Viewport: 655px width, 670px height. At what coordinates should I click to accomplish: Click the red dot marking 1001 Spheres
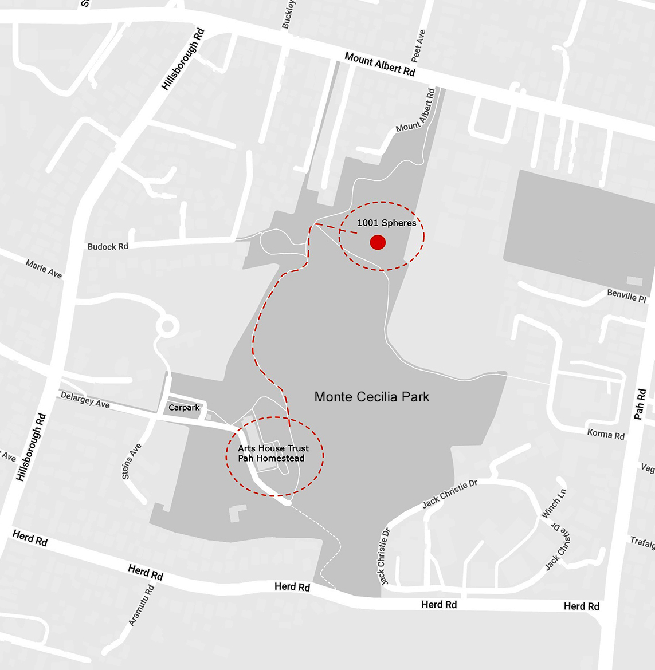[378, 242]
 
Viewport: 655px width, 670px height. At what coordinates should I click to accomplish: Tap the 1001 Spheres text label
[387, 223]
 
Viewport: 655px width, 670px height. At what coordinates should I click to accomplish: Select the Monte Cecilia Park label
[372, 396]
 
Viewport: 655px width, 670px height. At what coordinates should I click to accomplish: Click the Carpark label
[184, 408]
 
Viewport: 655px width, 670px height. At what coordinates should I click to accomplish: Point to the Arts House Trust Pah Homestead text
[273, 453]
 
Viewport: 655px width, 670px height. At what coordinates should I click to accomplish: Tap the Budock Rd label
[108, 247]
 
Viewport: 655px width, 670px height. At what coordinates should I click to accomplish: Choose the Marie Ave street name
[44, 269]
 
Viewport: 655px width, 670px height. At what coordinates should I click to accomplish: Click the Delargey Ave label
[85, 400]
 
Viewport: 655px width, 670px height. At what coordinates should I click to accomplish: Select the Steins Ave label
[131, 461]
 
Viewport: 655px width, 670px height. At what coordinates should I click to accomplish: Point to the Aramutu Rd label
[142, 605]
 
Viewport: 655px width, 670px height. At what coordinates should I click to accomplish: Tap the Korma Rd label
[606, 435]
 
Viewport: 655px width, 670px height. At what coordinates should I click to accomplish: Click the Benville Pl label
[626, 297]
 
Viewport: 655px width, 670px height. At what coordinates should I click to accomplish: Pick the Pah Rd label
[640, 404]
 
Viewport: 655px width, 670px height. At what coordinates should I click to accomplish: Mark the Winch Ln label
[555, 504]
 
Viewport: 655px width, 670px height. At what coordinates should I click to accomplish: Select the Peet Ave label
[419, 46]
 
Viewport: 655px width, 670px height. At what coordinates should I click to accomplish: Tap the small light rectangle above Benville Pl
[634, 281]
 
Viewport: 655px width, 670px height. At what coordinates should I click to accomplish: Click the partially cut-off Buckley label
[288, 14]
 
